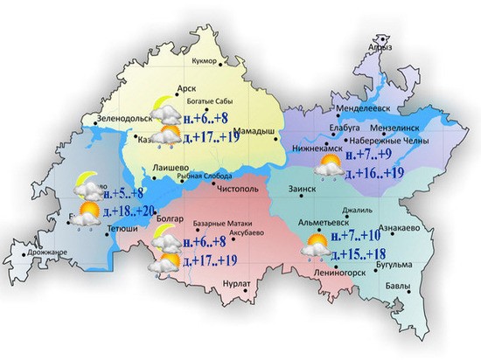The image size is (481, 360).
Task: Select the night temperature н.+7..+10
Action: coord(361,236)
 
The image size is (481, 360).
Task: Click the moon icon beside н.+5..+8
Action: coord(84,183)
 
